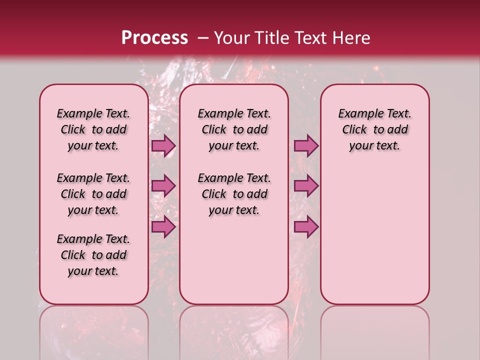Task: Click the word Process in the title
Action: [154, 38]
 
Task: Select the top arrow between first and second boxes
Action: [163, 146]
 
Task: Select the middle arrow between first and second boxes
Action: [163, 186]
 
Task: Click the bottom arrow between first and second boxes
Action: [163, 226]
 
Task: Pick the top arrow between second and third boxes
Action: [306, 146]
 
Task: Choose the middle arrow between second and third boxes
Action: [306, 186]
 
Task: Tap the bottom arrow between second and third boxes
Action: [306, 226]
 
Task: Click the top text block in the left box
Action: [93, 129]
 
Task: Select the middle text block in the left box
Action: [93, 194]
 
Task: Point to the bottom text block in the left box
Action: [93, 255]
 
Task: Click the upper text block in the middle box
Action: [234, 129]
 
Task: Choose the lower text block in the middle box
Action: [234, 194]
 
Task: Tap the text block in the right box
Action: [374, 129]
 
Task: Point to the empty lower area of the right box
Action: [374, 235]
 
